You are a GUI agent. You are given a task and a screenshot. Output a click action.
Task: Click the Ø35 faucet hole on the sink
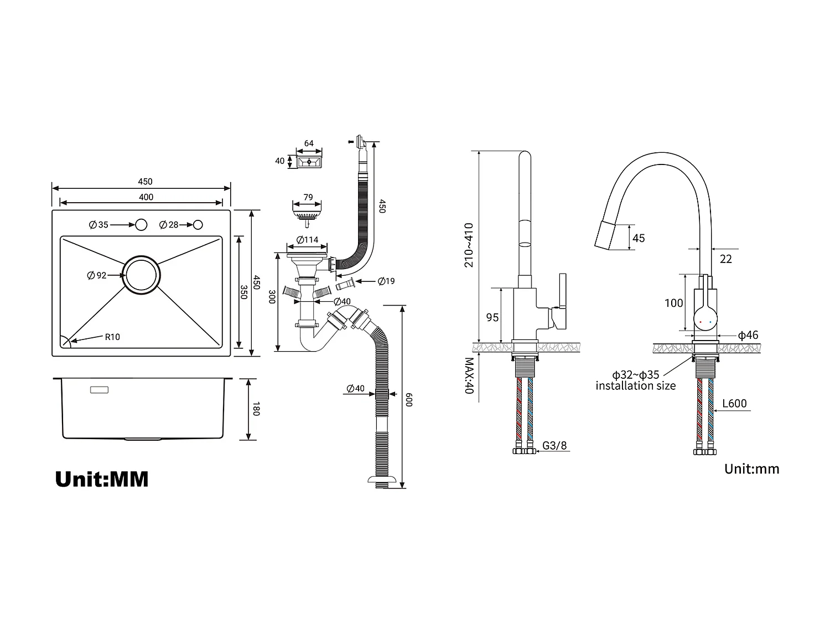click(x=141, y=225)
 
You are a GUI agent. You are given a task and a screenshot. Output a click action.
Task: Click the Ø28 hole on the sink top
click(x=198, y=225)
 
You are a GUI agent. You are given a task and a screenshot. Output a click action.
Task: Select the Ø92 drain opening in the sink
click(x=142, y=275)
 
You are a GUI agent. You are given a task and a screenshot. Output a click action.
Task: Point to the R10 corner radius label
click(x=112, y=337)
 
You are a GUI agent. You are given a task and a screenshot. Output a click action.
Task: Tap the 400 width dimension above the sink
click(x=146, y=197)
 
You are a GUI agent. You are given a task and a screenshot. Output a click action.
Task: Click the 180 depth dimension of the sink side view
click(x=255, y=409)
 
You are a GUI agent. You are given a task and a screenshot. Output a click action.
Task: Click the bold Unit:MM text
click(x=102, y=479)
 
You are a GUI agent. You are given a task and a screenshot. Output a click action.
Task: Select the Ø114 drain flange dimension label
click(x=308, y=240)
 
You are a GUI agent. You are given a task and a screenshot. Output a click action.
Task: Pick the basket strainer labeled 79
click(x=308, y=213)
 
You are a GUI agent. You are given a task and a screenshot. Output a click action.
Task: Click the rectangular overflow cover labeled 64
click(x=309, y=162)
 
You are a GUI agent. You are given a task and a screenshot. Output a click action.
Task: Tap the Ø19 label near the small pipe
click(x=386, y=281)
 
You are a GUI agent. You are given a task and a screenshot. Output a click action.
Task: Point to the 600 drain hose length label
click(x=409, y=400)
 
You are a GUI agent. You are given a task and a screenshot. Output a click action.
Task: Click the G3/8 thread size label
click(x=554, y=445)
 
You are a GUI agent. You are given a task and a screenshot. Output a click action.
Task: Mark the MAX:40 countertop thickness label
click(x=469, y=375)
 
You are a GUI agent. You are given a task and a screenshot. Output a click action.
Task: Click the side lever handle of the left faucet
click(x=562, y=291)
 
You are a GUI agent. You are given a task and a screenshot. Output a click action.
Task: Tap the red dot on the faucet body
click(x=701, y=322)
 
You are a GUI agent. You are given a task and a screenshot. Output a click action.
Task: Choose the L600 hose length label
click(x=735, y=404)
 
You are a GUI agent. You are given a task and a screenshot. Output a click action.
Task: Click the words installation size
click(x=636, y=386)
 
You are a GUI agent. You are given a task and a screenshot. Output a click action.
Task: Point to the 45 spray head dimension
click(x=639, y=238)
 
